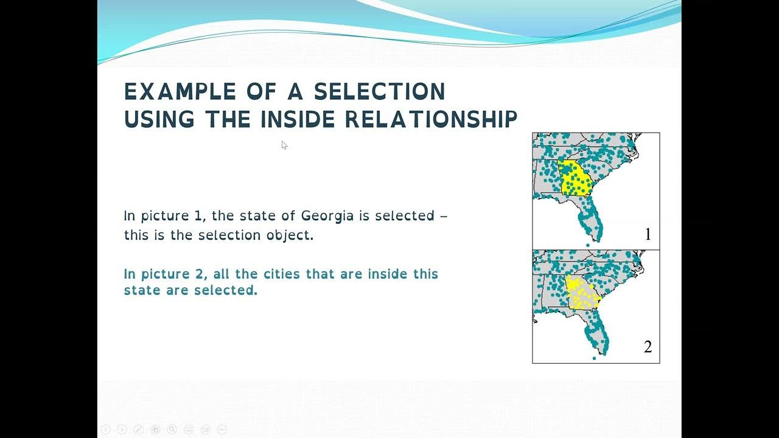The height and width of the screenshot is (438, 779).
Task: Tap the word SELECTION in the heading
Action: pyautogui.click(x=379, y=92)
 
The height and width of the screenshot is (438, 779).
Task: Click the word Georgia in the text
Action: pyautogui.click(x=327, y=216)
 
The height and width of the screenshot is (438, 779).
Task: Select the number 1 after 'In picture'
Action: pyautogui.click(x=198, y=216)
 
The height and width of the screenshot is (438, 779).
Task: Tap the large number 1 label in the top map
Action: pyautogui.click(x=648, y=234)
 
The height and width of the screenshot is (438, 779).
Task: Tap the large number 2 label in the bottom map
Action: pyautogui.click(x=648, y=347)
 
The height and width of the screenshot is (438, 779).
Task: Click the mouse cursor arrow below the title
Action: pyautogui.click(x=284, y=145)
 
